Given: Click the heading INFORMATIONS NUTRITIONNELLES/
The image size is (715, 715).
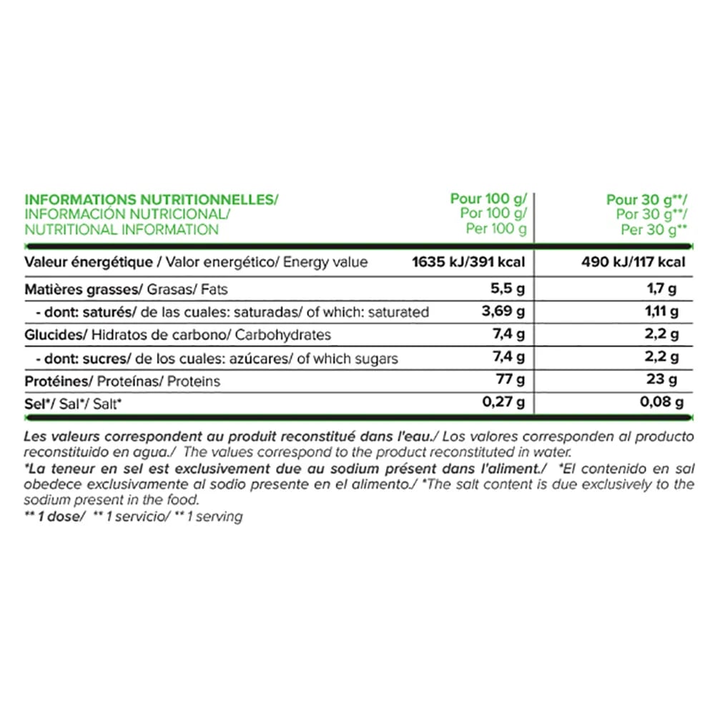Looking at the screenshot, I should (x=151, y=199).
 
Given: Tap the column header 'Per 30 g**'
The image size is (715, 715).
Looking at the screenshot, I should (x=654, y=230).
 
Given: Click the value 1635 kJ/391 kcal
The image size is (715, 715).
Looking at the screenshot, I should (x=469, y=262).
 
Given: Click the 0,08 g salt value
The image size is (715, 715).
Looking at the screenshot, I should (x=658, y=403).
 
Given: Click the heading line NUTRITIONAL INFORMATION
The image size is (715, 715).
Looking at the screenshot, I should (x=122, y=230).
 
